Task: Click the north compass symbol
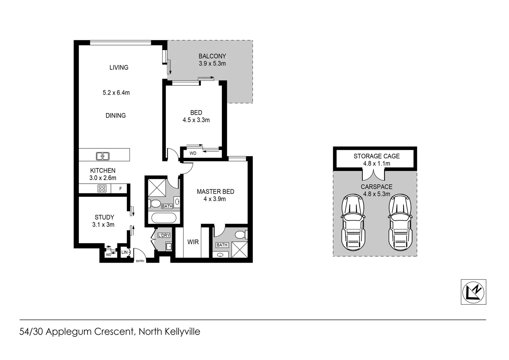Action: click(473, 292)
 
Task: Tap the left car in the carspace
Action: click(353, 222)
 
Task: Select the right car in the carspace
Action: click(400, 222)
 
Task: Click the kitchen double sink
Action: click(103, 156)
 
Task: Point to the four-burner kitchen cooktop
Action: click(102, 188)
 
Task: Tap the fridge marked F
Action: click(121, 189)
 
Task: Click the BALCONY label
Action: click(212, 56)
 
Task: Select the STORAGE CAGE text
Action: click(376, 156)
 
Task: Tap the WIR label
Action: click(193, 242)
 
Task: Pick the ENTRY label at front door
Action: click(140, 261)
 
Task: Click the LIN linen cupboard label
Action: click(124, 252)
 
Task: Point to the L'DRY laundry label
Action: click(164, 235)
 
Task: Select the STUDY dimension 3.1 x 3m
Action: click(103, 225)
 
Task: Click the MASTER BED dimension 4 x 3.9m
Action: click(215, 199)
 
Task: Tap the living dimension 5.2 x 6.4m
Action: click(116, 93)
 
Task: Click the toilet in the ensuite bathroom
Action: click(241, 235)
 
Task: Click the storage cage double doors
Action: click(373, 174)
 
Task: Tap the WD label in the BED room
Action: click(193, 153)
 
